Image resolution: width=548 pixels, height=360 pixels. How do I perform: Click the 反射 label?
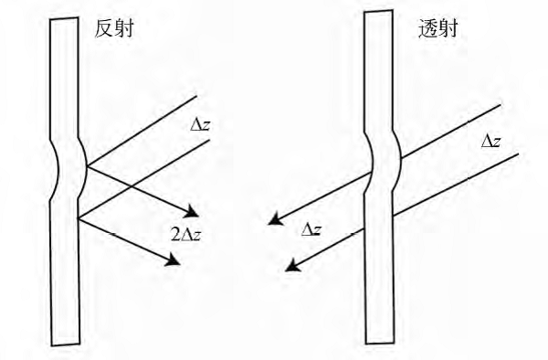114,28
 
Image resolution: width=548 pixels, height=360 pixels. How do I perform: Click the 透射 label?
438,28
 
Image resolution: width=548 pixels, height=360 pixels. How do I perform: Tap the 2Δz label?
186,235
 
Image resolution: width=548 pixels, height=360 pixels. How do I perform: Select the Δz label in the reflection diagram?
201,125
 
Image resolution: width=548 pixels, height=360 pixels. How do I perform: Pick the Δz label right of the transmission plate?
491,142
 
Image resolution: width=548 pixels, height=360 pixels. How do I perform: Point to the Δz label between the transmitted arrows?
311,229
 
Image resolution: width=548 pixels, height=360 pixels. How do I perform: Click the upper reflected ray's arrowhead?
192,211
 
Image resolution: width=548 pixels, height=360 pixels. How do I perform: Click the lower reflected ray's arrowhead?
174,259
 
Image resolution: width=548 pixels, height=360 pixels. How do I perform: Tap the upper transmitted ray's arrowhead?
275,219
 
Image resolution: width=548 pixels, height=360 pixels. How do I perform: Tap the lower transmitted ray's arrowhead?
292,267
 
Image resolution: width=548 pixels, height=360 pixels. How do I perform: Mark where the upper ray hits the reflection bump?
87,165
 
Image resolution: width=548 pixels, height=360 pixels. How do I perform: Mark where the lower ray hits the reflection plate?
79,218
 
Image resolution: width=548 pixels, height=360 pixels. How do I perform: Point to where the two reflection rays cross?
130,185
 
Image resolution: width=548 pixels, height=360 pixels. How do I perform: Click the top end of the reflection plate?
64,18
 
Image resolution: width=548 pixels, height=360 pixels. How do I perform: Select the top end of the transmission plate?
378,11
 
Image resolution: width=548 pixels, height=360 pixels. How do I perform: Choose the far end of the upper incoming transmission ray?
501,104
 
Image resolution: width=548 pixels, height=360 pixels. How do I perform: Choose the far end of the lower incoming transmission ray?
519,154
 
